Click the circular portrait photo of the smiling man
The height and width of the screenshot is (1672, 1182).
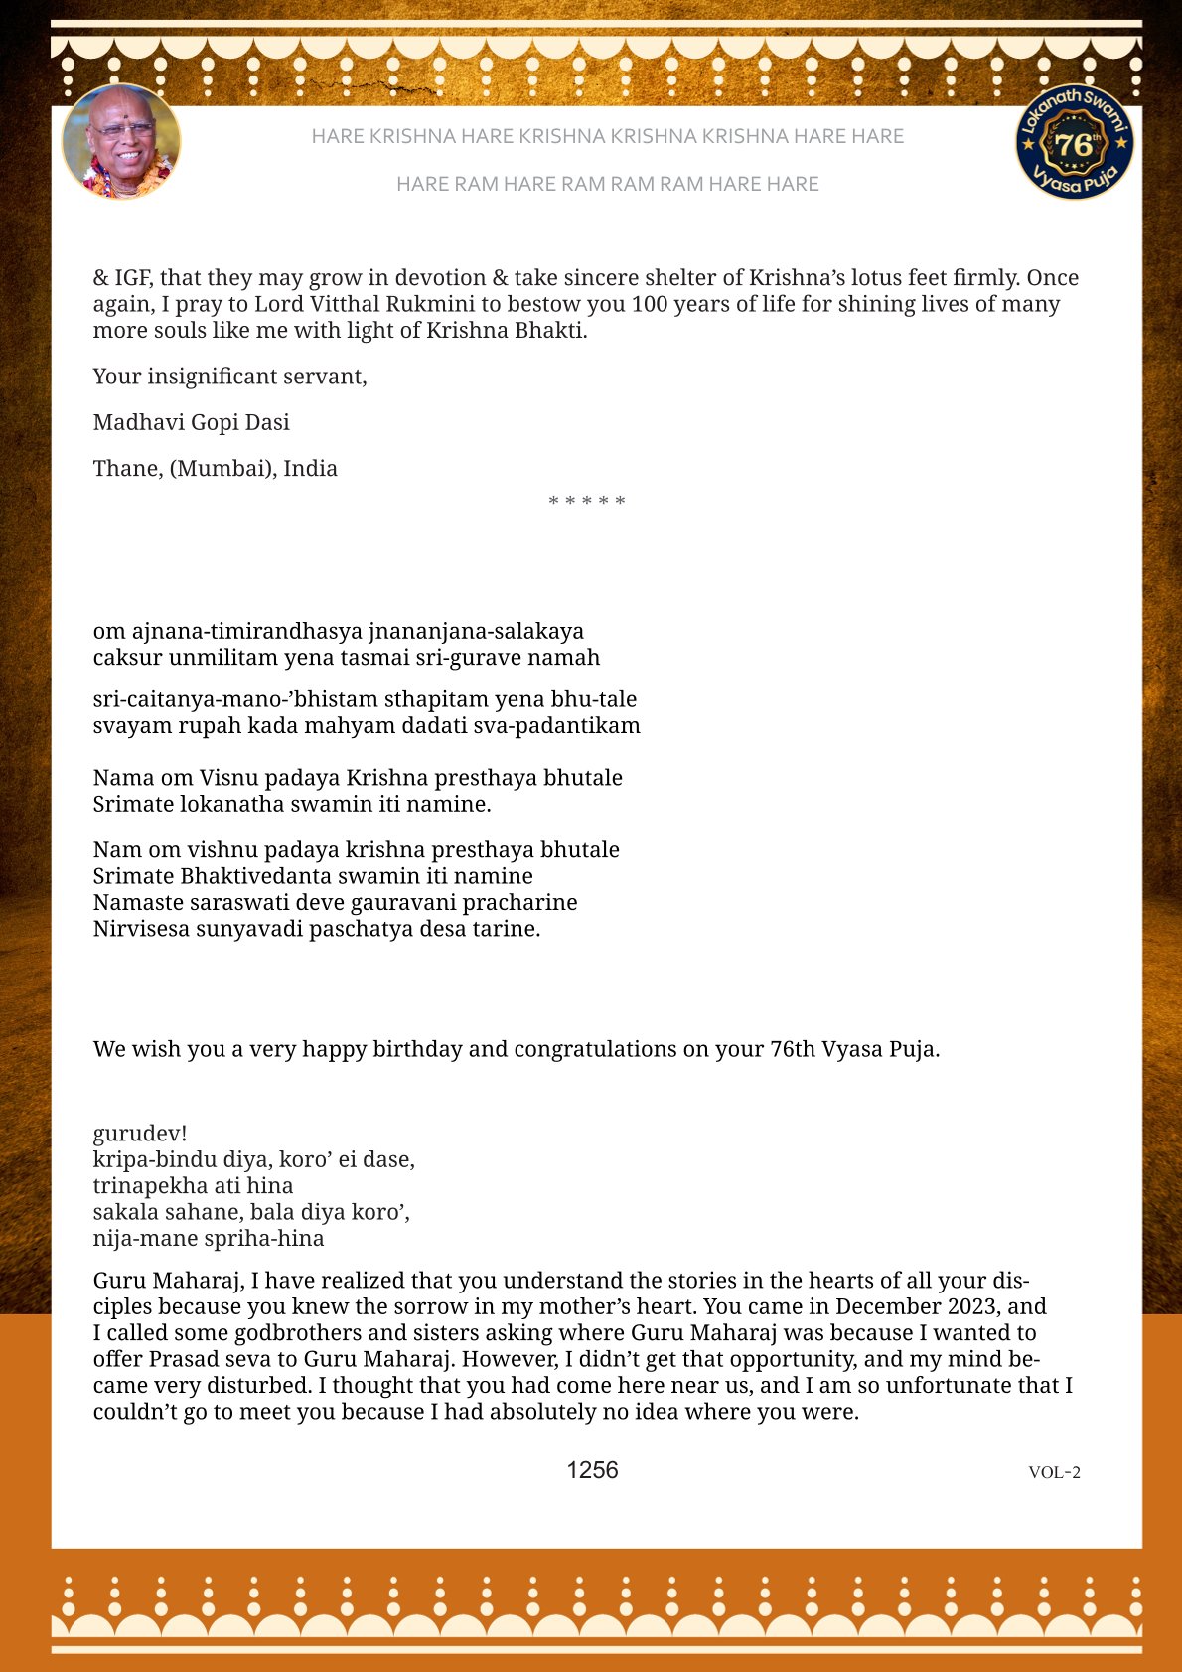click(121, 141)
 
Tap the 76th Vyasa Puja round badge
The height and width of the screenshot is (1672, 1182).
click(1075, 142)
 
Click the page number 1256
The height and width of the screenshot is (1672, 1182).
click(592, 1470)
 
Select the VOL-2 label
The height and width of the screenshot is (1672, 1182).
click(1054, 1472)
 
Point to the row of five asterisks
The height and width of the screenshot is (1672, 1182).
click(587, 501)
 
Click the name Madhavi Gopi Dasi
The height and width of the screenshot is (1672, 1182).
click(192, 422)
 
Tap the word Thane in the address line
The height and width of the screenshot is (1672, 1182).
click(127, 468)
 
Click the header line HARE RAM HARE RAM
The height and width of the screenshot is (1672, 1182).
click(607, 184)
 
